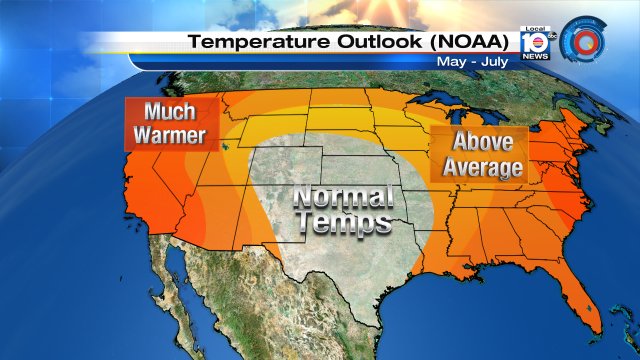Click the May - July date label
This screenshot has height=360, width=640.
pyautogui.click(x=471, y=62)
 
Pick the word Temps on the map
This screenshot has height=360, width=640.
pyautogui.click(x=340, y=223)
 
